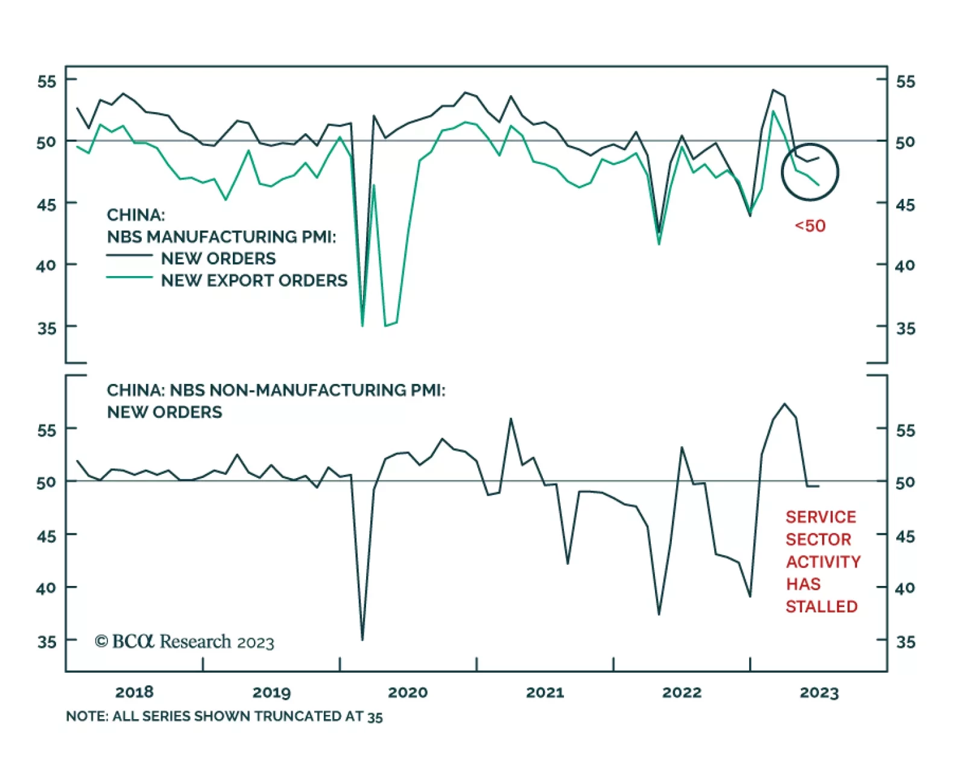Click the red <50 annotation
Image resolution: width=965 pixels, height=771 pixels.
(810, 226)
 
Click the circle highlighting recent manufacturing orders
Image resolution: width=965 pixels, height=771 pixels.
(810, 172)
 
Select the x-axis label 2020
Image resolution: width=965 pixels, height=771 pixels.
(408, 692)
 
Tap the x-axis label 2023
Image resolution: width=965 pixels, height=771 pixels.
(819, 692)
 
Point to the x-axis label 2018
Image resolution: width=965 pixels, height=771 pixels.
(134, 692)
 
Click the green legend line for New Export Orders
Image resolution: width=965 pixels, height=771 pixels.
(129, 277)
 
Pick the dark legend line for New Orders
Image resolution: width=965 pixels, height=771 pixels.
(129, 256)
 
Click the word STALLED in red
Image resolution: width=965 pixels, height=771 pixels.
(821, 606)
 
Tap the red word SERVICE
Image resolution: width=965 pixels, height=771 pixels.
(821, 517)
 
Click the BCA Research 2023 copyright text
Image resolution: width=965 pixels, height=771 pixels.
(185, 641)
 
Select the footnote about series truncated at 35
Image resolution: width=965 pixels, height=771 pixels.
(224, 716)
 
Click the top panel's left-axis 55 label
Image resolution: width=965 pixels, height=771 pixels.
(46, 81)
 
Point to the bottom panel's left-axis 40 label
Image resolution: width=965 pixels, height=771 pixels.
(46, 588)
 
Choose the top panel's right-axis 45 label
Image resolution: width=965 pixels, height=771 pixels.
(905, 205)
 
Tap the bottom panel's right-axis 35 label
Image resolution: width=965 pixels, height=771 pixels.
(905, 641)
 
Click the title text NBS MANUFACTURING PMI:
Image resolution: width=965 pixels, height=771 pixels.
(221, 236)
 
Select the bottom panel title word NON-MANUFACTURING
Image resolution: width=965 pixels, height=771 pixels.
(308, 390)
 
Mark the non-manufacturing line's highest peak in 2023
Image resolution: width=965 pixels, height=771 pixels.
(784, 404)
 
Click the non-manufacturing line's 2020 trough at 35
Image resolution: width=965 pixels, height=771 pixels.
(362, 639)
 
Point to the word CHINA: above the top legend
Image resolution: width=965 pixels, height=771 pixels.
(136, 215)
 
